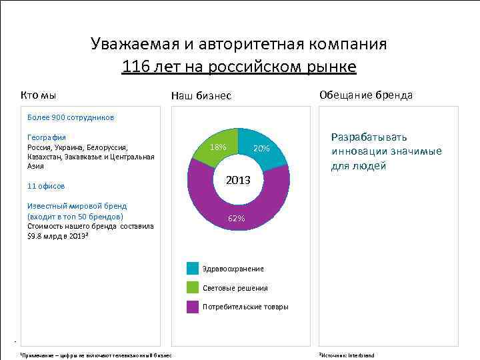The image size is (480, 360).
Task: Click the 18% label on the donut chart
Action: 218,147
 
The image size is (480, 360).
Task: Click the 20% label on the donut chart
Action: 261,149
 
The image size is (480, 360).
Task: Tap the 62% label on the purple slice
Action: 236,219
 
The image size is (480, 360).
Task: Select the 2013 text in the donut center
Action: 238,181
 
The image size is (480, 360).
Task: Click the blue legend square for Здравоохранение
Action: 193,269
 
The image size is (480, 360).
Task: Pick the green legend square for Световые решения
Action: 193,288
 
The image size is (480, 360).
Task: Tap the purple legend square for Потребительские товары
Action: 193,307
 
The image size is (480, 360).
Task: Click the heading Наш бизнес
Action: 201,96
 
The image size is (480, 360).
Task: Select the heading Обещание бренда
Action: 366,95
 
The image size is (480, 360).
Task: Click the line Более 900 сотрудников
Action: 71,117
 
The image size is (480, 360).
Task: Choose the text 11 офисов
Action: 46,186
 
